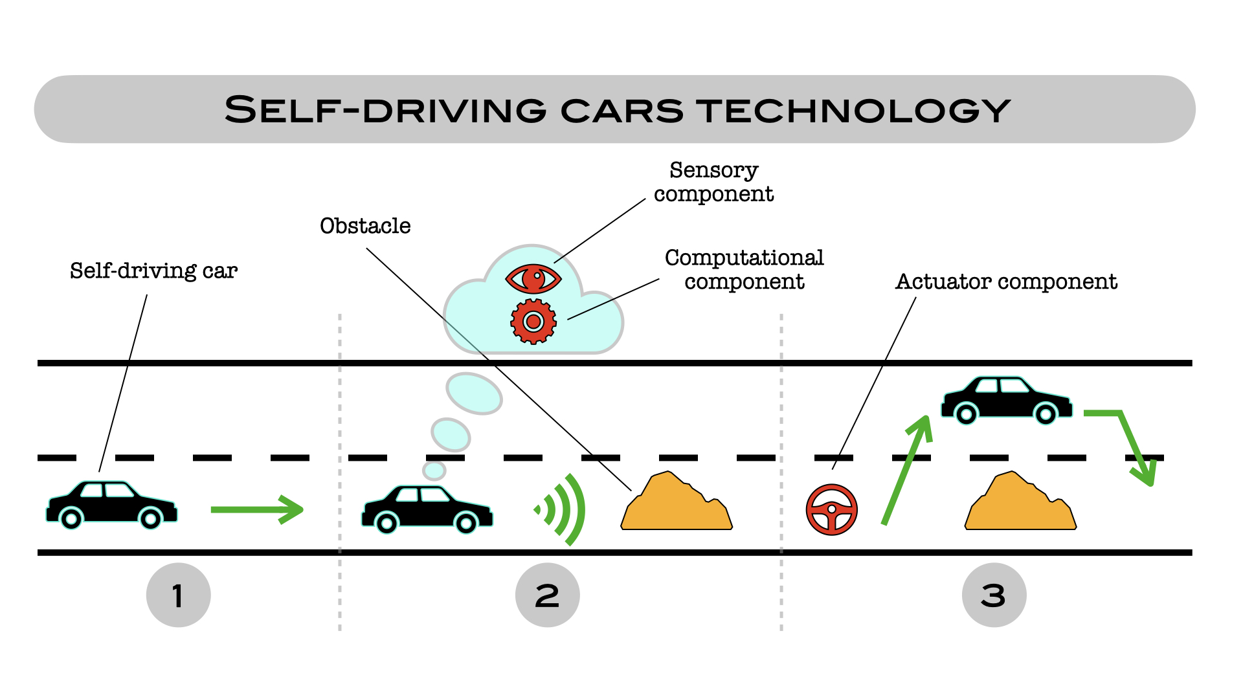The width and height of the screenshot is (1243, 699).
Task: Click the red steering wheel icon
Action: click(x=832, y=509)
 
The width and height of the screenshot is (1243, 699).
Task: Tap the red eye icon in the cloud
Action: click(x=533, y=279)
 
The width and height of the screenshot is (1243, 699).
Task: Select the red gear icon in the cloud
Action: click(x=533, y=321)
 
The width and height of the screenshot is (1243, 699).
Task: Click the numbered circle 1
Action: click(x=178, y=595)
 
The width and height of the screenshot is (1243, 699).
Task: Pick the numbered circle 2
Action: click(x=547, y=595)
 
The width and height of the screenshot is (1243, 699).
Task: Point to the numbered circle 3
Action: click(x=994, y=595)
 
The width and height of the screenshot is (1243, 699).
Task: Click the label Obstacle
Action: click(x=365, y=226)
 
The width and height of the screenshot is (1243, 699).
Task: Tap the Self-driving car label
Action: click(x=153, y=271)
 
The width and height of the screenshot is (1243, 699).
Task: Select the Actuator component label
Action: click(x=1006, y=282)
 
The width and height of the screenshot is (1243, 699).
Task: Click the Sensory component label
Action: click(x=713, y=182)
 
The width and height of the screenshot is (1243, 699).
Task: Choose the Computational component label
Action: click(x=744, y=269)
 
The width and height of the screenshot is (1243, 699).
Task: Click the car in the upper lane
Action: click(x=1006, y=400)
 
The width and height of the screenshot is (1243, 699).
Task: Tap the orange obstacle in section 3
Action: click(x=1020, y=505)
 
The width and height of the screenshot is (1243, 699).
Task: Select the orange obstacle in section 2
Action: click(x=677, y=505)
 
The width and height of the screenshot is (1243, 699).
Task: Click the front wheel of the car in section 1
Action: click(x=150, y=518)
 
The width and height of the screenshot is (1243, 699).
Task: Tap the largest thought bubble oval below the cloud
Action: click(x=474, y=393)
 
